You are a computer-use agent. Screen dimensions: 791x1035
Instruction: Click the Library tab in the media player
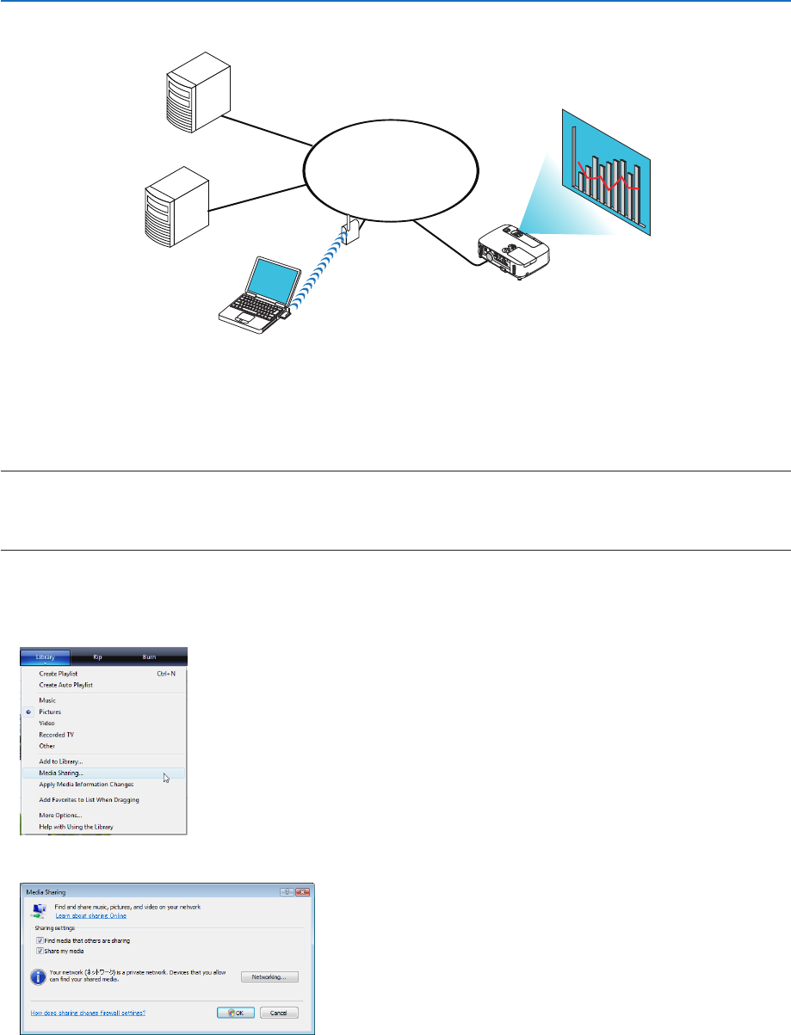tap(46, 656)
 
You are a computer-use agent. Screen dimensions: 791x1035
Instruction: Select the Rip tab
tap(97, 656)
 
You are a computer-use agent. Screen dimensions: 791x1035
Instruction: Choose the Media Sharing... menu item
tap(61, 773)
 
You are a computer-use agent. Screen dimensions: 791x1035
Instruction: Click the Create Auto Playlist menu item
tap(65, 685)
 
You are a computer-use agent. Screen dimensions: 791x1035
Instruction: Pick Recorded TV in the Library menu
tap(56, 735)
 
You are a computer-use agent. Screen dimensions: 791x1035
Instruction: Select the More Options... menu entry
tap(60, 815)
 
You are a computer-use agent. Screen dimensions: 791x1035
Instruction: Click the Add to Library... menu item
tap(60, 761)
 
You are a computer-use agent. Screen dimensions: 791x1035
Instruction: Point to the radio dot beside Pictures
tap(28, 712)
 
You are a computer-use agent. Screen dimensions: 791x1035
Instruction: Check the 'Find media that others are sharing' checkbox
tap(40, 940)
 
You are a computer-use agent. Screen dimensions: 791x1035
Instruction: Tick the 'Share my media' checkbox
tap(40, 950)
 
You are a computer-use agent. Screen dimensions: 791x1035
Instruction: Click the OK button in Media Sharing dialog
tap(235, 1013)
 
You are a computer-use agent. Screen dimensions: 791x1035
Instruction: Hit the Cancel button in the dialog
tap(279, 1013)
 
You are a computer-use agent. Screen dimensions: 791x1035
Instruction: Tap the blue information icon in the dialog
tap(38, 976)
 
